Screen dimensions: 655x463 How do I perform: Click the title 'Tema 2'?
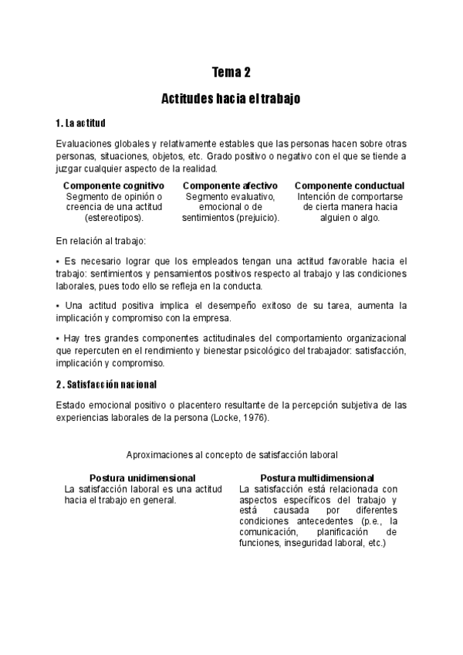(x=231, y=73)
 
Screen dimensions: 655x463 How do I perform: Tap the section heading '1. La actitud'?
(x=81, y=124)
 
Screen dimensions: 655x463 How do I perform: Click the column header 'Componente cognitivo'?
(x=113, y=186)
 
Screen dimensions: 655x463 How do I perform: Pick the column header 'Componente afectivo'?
(x=231, y=186)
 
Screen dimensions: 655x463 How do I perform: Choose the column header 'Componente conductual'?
(x=350, y=186)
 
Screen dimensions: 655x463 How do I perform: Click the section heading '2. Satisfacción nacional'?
(x=106, y=384)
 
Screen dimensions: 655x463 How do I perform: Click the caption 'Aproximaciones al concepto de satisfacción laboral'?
(x=231, y=456)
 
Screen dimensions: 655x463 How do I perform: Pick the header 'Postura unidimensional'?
(x=142, y=478)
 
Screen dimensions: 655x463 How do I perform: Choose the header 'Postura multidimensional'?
(x=317, y=478)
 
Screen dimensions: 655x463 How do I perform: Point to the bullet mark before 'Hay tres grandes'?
(x=59, y=339)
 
